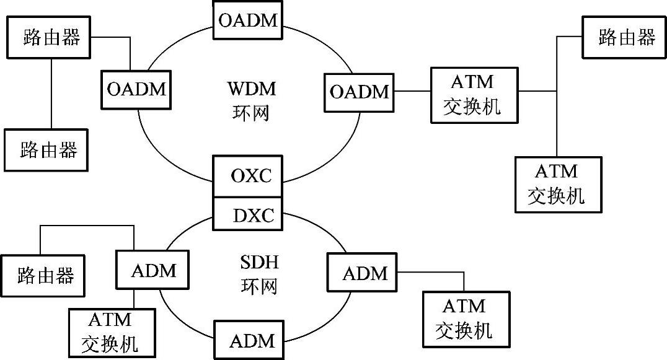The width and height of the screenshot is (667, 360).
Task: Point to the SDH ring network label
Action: tap(258, 274)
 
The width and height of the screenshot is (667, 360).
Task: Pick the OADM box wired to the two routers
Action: tap(136, 89)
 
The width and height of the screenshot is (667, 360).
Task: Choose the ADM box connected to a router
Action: tap(154, 271)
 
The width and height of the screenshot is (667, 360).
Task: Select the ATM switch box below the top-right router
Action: tap(557, 185)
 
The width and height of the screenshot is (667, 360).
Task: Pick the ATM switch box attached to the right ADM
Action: tap(465, 318)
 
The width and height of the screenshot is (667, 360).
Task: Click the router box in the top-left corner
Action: tap(48, 37)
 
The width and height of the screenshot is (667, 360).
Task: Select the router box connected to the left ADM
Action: tap(45, 274)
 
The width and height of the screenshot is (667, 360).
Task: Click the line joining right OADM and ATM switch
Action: tap(412, 92)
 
